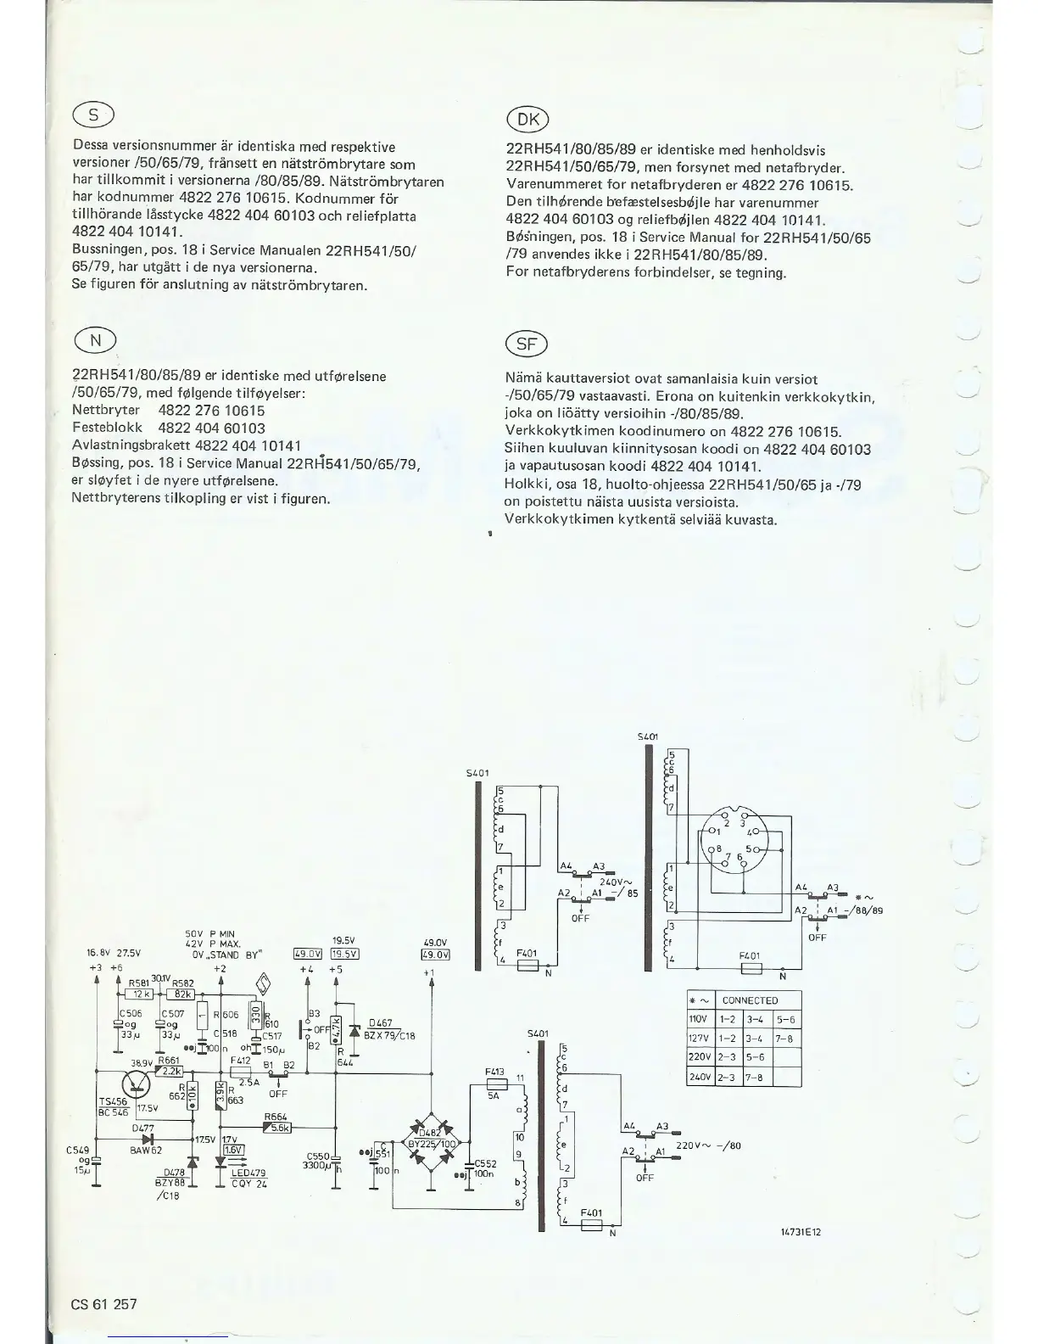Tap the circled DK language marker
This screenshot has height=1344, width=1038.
[x=527, y=120]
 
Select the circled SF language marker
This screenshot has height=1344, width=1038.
[x=527, y=344]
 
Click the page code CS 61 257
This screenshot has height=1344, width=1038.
[x=103, y=1304]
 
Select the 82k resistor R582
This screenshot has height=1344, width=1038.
[x=182, y=994]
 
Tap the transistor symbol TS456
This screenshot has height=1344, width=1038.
[x=136, y=1084]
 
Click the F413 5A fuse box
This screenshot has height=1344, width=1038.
[x=494, y=1084]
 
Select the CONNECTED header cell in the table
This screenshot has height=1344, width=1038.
[x=750, y=1000]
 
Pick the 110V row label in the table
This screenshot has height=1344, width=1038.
[x=699, y=1019]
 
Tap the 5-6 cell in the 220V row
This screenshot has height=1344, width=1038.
[x=757, y=1058]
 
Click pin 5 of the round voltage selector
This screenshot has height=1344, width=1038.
[x=747, y=849]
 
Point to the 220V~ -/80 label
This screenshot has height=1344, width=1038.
[x=709, y=1145]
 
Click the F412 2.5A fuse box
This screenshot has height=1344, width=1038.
[x=246, y=1073]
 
